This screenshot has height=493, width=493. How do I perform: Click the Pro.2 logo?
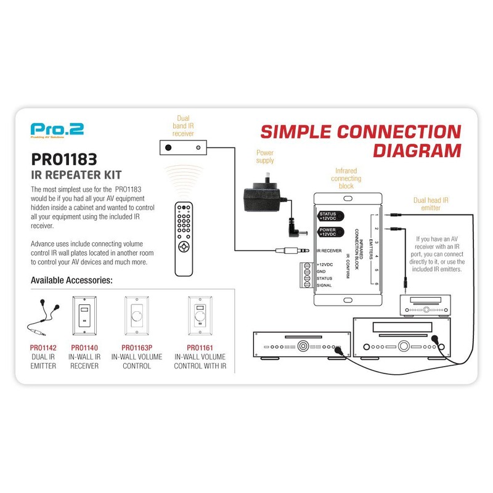pos(57,129)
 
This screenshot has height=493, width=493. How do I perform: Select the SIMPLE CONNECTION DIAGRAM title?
pos(360,141)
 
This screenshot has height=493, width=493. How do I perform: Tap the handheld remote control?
pos(185,237)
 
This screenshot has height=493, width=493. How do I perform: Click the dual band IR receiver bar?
pos(182,147)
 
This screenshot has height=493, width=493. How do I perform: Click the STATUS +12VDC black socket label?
pos(327,215)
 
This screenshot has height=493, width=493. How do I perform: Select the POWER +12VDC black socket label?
pos(327,232)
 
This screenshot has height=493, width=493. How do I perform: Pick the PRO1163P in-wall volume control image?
pos(137,315)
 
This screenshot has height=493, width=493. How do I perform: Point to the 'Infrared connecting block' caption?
pos(346,177)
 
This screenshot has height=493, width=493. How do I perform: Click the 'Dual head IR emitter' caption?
pos(431,203)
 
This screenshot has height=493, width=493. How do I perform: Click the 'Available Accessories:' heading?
pos(71,280)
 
